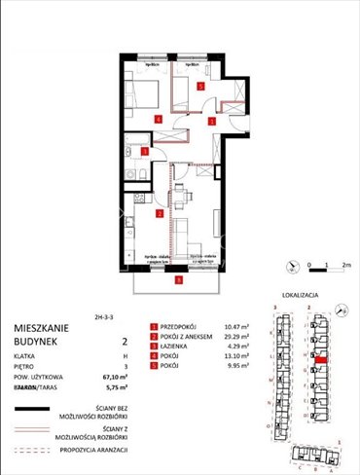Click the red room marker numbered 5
click(200, 87)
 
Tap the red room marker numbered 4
click(159, 120)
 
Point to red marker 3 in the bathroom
click(145, 152)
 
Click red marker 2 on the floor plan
click(159, 213)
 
